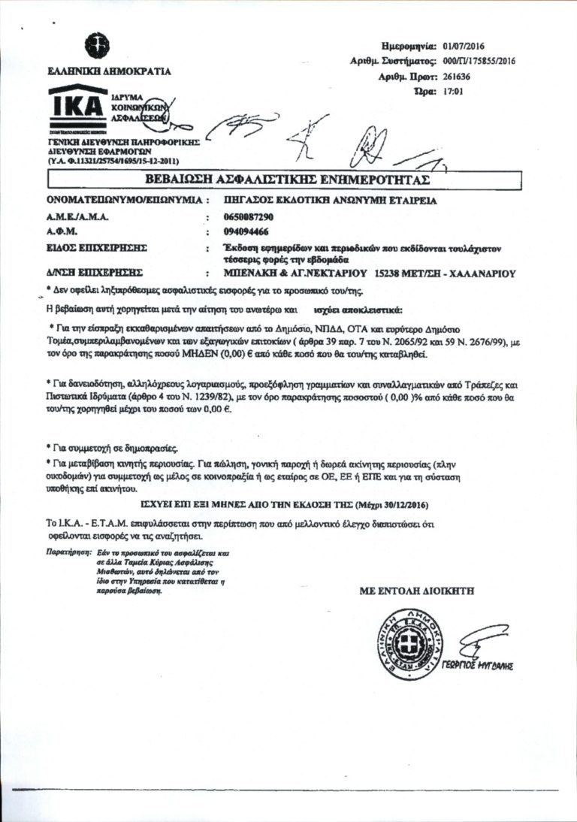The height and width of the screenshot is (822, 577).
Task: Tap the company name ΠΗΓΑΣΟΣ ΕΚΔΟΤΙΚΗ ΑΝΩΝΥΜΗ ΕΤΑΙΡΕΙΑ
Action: (x=331, y=201)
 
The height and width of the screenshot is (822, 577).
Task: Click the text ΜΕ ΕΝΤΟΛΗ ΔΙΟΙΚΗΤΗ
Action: (x=418, y=591)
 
